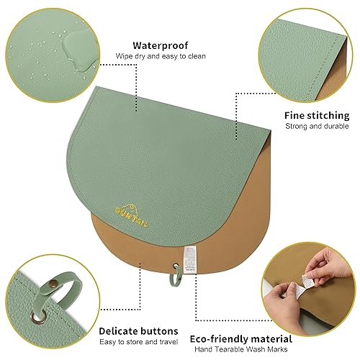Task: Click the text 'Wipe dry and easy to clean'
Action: point(156,55)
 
